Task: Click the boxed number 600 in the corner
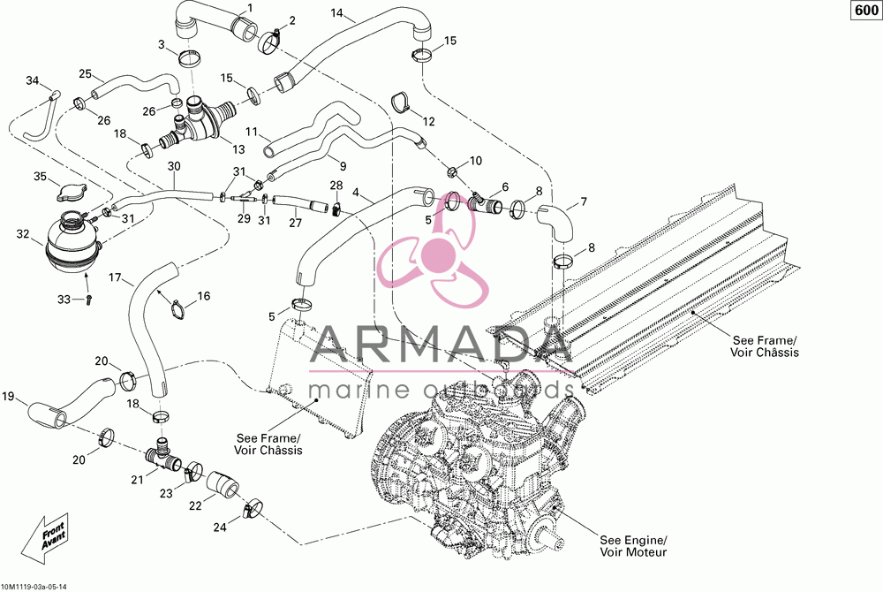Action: click(x=866, y=10)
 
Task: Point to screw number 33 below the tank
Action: click(x=88, y=300)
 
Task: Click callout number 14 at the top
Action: click(x=336, y=12)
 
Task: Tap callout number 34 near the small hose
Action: click(x=32, y=80)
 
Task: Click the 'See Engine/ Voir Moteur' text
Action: click(x=633, y=546)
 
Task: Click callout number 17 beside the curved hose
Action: click(x=115, y=277)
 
